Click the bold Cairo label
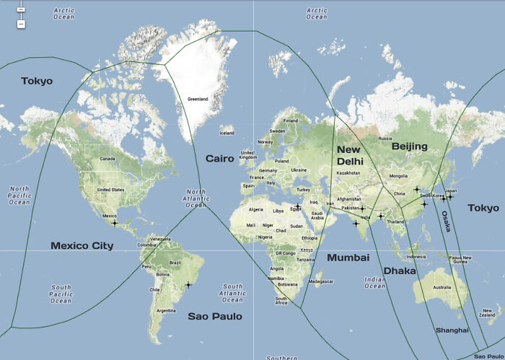click(219, 159)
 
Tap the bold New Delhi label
click(350, 155)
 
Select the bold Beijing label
click(410, 146)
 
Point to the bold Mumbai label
click(348, 258)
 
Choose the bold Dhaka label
click(400, 271)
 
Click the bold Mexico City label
click(82, 246)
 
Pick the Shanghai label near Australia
click(452, 330)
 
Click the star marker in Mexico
click(115, 223)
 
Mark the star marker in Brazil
click(188, 285)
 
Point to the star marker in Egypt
click(297, 207)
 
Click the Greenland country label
click(198, 99)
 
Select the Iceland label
click(227, 133)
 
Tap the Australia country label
click(442, 288)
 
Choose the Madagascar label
click(320, 281)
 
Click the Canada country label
click(107, 159)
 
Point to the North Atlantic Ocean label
click(196, 198)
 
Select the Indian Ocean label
click(375, 283)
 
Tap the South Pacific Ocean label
click(61, 293)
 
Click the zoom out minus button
click(21, 24)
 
